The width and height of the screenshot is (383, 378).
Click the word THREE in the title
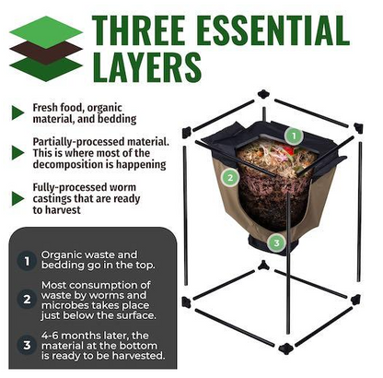coord(138,30)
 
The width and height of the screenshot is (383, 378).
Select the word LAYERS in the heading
coord(147,67)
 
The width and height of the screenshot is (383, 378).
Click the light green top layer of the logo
coord(46,32)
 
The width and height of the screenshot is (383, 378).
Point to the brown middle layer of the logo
coord(46,53)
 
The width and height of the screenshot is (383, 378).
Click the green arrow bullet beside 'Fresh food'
coord(17,112)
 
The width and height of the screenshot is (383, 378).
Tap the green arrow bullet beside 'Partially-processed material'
coord(17,153)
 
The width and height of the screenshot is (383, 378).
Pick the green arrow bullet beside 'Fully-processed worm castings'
coord(17,198)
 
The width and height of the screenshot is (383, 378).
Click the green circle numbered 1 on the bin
coord(294,136)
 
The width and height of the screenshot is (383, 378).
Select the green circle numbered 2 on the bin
coord(230,177)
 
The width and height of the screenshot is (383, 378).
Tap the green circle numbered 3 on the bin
coord(276,243)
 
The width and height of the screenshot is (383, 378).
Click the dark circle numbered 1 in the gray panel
coord(27,261)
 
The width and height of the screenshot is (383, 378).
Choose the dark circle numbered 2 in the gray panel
coord(27,299)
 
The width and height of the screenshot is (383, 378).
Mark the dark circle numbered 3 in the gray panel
coord(27,345)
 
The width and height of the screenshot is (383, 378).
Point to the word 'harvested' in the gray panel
coord(139,356)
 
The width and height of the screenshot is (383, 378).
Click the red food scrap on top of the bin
coord(288,149)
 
